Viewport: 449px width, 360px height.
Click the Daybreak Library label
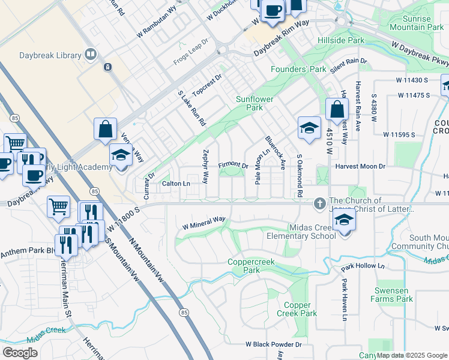click(x=49, y=56)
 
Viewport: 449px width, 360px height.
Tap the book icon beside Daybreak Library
click(x=90, y=55)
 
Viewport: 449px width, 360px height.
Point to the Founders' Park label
click(x=298, y=70)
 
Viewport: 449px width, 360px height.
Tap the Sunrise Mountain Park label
click(x=418, y=23)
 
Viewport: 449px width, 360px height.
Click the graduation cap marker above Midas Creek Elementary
click(x=344, y=220)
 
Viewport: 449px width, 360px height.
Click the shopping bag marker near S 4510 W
click(x=337, y=110)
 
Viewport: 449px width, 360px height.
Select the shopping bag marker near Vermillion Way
click(x=105, y=129)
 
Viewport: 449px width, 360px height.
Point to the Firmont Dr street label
click(x=233, y=165)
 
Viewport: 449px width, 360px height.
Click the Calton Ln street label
click(x=176, y=184)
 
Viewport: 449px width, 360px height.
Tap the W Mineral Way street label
click(x=203, y=223)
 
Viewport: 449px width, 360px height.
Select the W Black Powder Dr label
click(x=273, y=344)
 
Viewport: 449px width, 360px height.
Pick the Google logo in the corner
click(x=20, y=353)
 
